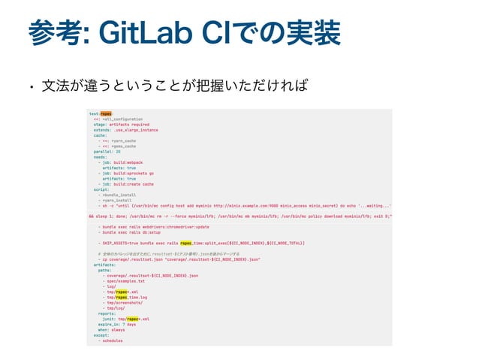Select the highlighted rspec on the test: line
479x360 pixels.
[x=106, y=113]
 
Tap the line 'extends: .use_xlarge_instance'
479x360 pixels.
[x=125, y=130]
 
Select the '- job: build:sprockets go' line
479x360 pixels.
[x=129, y=173]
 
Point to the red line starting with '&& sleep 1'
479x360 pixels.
[x=240, y=216]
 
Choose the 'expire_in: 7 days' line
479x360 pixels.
[x=117, y=324]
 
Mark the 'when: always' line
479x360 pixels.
[x=112, y=329]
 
